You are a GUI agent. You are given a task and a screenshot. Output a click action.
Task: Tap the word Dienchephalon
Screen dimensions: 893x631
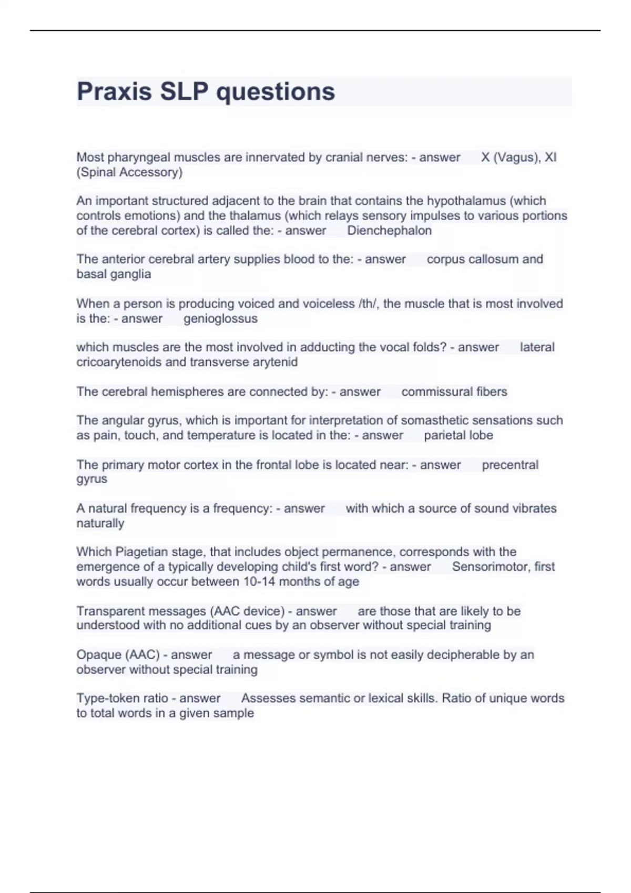click(x=389, y=231)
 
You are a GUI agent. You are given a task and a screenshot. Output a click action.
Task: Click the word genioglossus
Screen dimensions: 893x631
click(x=220, y=319)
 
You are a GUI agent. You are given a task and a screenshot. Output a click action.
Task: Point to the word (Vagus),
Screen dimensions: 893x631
click(x=516, y=158)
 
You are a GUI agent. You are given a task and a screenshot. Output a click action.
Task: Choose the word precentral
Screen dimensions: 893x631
click(x=510, y=465)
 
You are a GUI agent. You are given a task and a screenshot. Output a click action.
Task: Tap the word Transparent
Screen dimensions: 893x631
click(x=107, y=611)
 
